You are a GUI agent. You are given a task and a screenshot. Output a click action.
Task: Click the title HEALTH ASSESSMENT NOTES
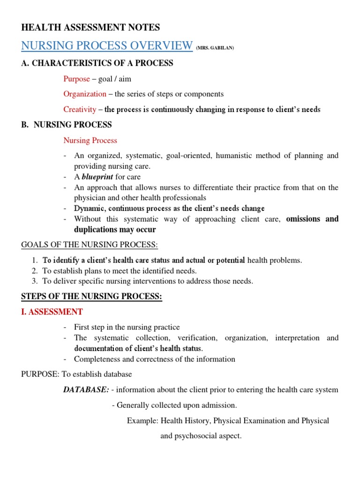[x=90, y=28]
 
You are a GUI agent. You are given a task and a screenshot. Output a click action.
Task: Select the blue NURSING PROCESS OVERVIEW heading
[x=107, y=46]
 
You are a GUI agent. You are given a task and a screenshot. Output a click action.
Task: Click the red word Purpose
[x=76, y=79]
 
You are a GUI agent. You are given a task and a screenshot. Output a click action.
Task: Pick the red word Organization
[x=85, y=94]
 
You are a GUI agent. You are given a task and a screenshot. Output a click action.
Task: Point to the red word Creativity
[x=80, y=110]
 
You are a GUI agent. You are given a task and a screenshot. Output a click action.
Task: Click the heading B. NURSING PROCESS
[x=67, y=125]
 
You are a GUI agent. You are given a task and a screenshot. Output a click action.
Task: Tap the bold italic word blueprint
[x=97, y=177]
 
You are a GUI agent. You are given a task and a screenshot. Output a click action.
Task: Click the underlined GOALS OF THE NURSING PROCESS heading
[x=90, y=245]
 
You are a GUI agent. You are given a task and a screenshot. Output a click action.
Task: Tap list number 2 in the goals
[x=34, y=271]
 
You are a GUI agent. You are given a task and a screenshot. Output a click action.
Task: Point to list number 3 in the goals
[x=34, y=281]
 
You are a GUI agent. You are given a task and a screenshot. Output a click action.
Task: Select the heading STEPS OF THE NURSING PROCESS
[x=92, y=296]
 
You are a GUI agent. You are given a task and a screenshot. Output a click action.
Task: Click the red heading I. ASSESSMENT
[x=52, y=312]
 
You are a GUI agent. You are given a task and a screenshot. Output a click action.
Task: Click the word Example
[x=142, y=421]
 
